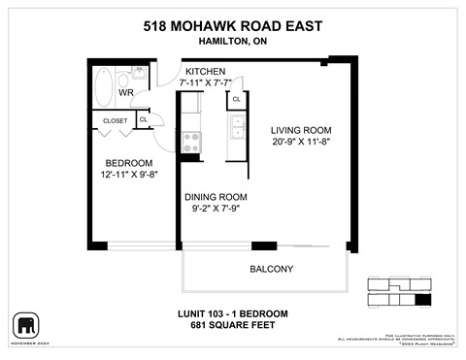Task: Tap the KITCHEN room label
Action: (206, 72)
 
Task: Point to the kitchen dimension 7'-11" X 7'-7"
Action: (207, 83)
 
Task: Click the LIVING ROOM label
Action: (301, 130)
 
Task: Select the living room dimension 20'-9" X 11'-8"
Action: (301, 142)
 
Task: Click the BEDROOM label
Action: (129, 162)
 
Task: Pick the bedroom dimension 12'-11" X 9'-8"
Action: (129, 175)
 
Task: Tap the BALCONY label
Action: (272, 269)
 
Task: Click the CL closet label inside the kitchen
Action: (236, 98)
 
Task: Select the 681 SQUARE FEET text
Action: (233, 325)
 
